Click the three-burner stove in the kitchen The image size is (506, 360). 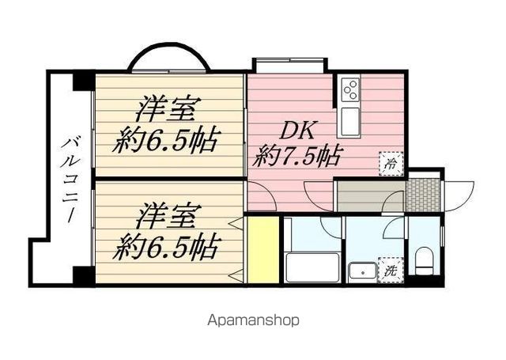pyautogui.click(x=350, y=89)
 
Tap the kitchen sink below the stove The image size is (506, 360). pyautogui.click(x=350, y=120)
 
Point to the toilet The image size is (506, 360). pyautogui.click(x=425, y=259)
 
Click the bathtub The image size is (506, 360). pyautogui.click(x=311, y=267)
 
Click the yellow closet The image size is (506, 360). pyautogui.click(x=262, y=249)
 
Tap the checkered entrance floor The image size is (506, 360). pyautogui.click(x=424, y=192)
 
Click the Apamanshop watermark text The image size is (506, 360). pyautogui.click(x=253, y=321)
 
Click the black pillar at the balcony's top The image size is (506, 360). pyautogui.click(x=82, y=81)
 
